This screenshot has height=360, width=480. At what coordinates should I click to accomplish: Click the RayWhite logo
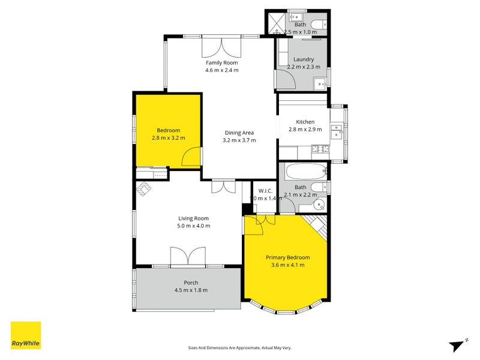26,335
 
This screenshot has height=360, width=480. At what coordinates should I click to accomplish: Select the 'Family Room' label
222,62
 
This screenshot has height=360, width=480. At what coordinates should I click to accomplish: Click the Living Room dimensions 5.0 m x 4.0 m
194,226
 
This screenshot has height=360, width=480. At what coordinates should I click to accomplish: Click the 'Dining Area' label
239,133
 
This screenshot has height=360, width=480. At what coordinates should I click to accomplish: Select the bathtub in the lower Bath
305,173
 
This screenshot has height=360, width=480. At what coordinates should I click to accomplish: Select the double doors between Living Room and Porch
188,257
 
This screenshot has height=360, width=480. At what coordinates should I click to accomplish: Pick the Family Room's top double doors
222,46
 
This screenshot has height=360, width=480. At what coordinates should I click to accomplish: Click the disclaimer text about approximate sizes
240,347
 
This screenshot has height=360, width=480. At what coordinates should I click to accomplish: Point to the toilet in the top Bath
320,25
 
